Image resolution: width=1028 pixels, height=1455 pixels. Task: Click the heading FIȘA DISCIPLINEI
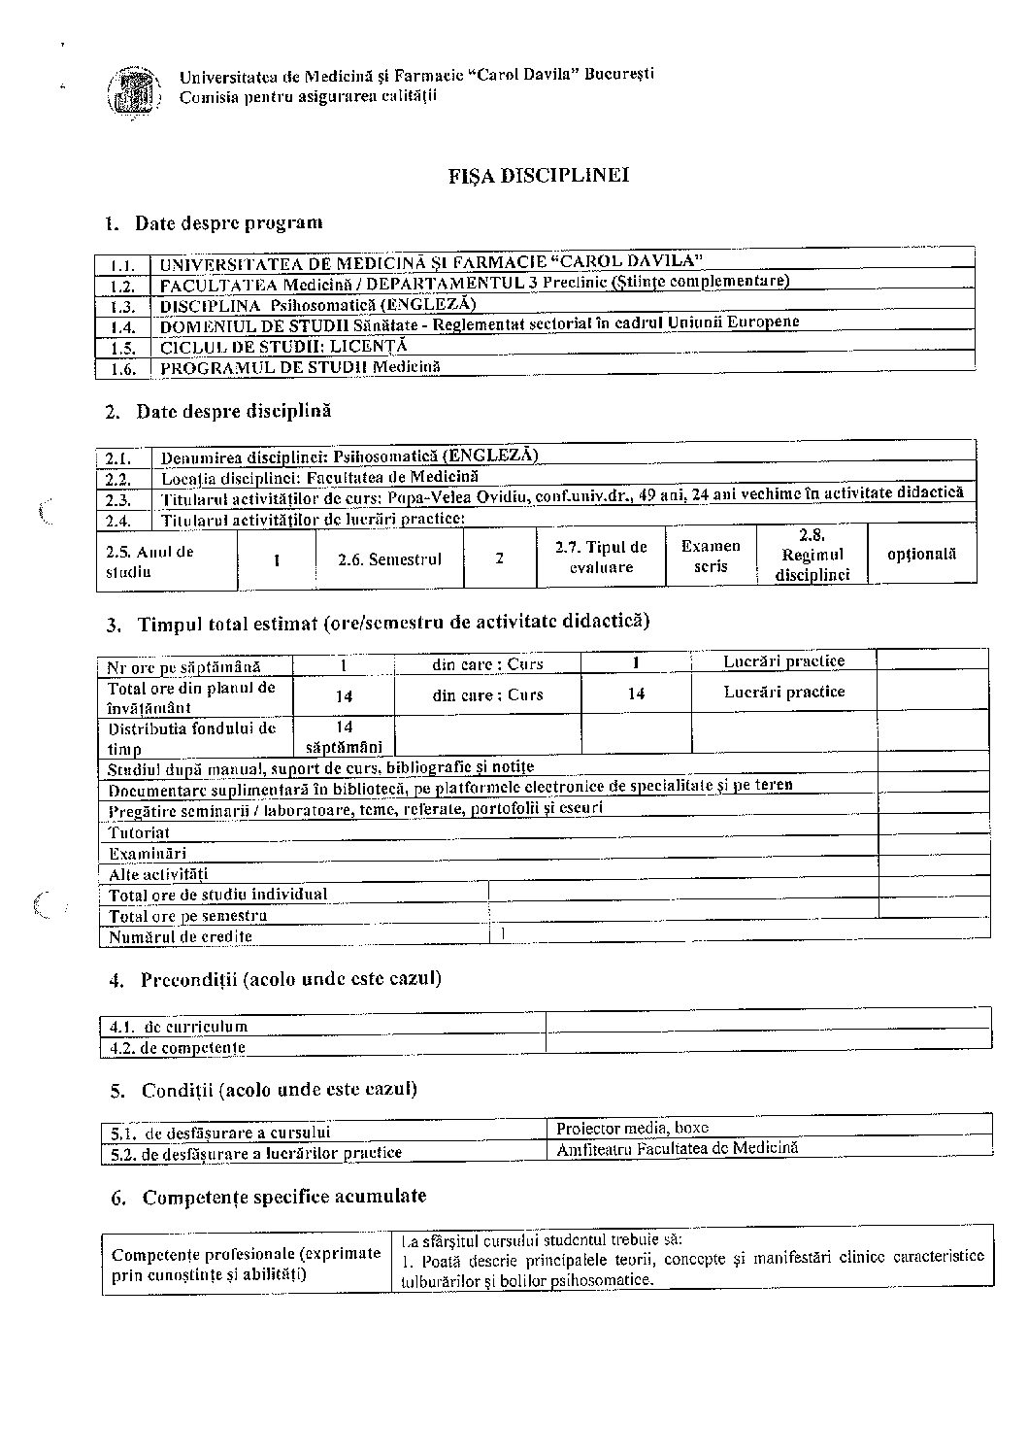coord(538,176)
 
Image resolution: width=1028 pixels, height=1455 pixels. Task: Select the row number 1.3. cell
coord(122,306)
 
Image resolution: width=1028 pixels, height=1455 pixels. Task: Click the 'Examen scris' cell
coord(711,557)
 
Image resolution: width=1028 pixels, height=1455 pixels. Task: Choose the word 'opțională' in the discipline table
coord(921,554)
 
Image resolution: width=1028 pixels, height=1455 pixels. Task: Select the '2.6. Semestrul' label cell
coord(389,559)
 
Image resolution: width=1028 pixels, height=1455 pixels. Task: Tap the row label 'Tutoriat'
coord(140,832)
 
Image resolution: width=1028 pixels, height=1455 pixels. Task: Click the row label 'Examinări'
coord(148,853)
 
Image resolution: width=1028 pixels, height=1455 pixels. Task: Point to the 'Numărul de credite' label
coord(181,937)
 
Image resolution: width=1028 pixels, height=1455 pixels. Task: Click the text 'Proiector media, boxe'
coord(633,1128)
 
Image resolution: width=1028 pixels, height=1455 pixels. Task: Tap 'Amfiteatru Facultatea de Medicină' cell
coord(677,1148)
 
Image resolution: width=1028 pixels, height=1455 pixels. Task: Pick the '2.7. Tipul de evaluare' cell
coord(601,558)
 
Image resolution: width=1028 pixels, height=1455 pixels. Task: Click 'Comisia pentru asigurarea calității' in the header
coord(308,95)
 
